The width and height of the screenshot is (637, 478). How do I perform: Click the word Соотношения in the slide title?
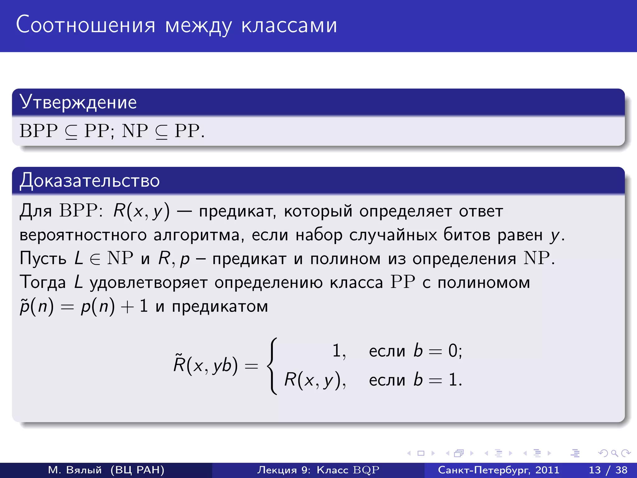click(x=86, y=25)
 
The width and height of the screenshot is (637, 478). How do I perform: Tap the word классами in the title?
click(x=289, y=26)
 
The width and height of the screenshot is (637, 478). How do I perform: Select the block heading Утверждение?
click(x=78, y=102)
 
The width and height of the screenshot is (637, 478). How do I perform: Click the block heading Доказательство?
click(x=90, y=180)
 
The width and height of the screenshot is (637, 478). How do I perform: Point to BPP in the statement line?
click(x=39, y=131)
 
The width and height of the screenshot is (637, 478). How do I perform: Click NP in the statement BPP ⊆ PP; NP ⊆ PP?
click(x=135, y=131)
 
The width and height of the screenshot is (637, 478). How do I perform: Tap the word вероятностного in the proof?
click(x=83, y=235)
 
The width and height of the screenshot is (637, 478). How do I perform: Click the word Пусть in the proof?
click(x=43, y=259)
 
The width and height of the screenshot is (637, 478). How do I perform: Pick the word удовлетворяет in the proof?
click(x=148, y=283)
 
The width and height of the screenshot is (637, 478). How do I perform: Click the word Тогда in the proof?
click(x=43, y=283)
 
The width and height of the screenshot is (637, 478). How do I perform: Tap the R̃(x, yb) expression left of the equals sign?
click(x=206, y=365)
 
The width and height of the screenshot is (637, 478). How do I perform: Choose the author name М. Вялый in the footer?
click(x=75, y=470)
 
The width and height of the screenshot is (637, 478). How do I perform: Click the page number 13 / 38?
click(x=608, y=470)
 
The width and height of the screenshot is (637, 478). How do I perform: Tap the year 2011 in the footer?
click(x=547, y=470)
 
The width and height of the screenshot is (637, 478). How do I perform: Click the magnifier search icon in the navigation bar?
click(x=614, y=453)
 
